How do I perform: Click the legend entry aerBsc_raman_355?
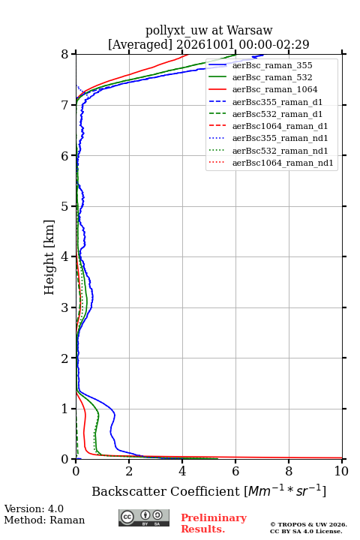(272, 65)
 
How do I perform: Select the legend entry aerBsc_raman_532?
(272, 77)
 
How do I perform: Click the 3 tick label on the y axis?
(64, 307)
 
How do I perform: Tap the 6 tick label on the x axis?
(235, 471)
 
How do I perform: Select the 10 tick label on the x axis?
(341, 471)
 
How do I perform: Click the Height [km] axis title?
(49, 257)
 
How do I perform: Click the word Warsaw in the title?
(250, 31)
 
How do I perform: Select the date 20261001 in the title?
(205, 44)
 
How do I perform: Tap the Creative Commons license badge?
(144, 517)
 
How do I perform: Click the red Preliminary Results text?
(214, 523)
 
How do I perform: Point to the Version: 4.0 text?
(34, 508)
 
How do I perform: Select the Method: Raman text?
(44, 520)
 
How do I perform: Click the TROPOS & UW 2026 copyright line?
(308, 524)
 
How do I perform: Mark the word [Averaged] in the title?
(139, 45)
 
